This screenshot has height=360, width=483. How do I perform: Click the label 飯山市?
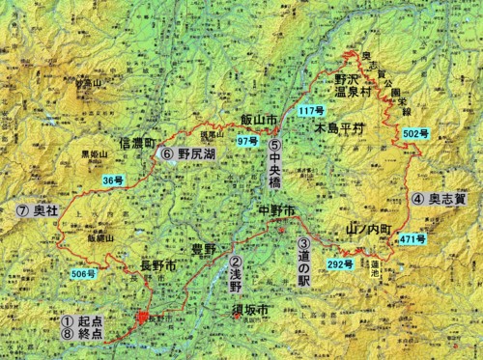pyautogui.click(x=259, y=120)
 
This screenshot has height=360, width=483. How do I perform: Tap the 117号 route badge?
pyautogui.click(x=312, y=112)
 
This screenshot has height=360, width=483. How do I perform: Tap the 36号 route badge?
pyautogui.click(x=114, y=180)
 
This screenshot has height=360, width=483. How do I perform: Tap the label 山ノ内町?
pyautogui.click(x=365, y=230)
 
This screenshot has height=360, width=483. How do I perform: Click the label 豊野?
pyautogui.click(x=204, y=248)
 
